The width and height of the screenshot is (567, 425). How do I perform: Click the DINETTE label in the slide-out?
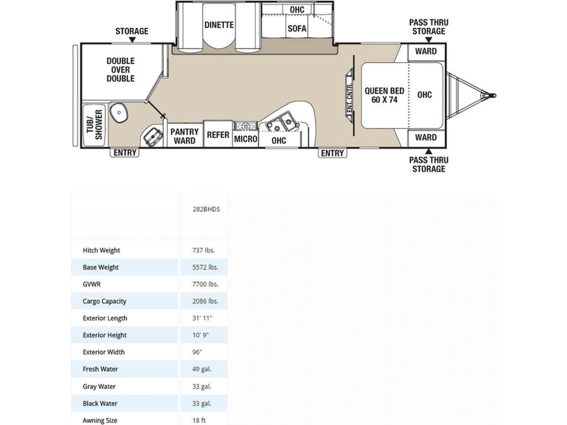[219, 25]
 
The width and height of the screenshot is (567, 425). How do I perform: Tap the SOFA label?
[297, 29]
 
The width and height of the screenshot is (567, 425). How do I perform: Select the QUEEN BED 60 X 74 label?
[384, 95]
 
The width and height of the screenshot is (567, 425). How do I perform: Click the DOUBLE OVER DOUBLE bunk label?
[120, 70]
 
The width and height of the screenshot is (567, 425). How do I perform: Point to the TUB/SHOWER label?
[94, 125]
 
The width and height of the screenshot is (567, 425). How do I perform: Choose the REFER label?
[218, 135]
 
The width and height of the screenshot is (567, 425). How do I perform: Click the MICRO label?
[245, 139]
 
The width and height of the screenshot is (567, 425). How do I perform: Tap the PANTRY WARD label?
[184, 136]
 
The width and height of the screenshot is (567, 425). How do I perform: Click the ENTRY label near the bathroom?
[125, 153]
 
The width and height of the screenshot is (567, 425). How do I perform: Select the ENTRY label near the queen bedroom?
[332, 153]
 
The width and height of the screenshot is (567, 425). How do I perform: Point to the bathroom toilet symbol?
[153, 136]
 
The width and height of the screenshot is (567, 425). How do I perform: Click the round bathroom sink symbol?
[118, 113]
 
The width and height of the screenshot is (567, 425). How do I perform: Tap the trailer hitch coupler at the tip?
[491, 95]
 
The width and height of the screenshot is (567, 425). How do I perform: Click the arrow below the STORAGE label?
[132, 40]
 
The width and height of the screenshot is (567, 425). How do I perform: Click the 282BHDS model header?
[206, 209]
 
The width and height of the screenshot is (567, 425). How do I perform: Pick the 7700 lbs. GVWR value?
[205, 284]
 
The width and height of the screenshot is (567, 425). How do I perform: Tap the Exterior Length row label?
[105, 318]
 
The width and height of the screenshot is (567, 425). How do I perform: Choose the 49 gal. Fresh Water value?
[202, 369]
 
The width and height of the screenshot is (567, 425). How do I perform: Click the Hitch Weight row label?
[101, 250]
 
